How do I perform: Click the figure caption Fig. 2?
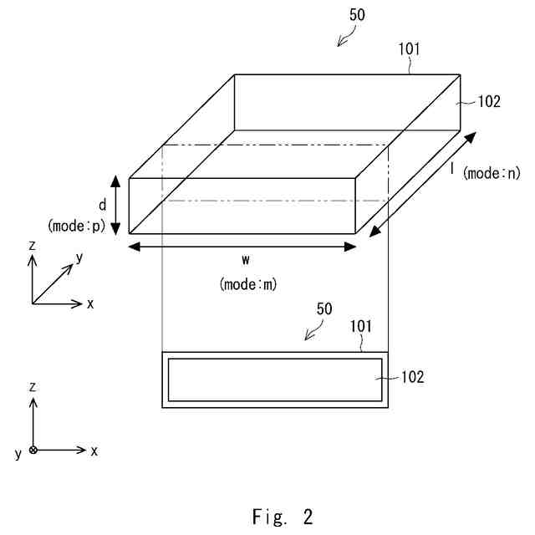pyautogui.click(x=282, y=517)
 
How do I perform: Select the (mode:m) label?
pyautogui.click(x=248, y=284)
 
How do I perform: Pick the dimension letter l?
pyautogui.click(x=452, y=169)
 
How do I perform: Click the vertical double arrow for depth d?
pyautogui.click(x=115, y=205)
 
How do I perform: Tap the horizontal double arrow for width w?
pyautogui.click(x=243, y=246)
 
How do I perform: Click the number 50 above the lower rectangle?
pyautogui.click(x=324, y=309)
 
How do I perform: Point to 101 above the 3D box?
pyautogui.click(x=408, y=49)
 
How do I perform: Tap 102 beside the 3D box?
pyautogui.click(x=488, y=102)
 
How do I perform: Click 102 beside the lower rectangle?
pyautogui.click(x=412, y=377)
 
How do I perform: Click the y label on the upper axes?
pyautogui.click(x=79, y=258)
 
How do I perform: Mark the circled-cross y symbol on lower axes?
pyautogui.click(x=33, y=450)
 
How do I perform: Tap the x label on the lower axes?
pyautogui.click(x=94, y=451)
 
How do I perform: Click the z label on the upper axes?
pyautogui.click(x=32, y=247)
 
